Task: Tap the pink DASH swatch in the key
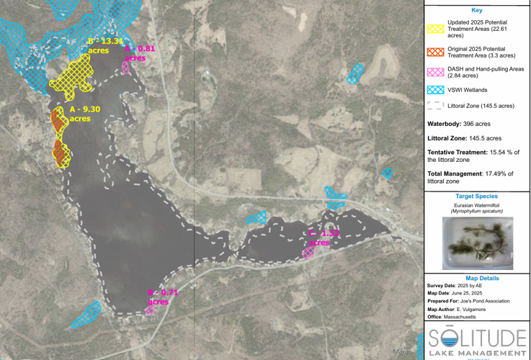click(434, 71)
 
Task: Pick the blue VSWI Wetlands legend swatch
click(434, 90)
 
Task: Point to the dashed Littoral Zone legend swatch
click(434, 106)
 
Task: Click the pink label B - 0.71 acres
click(162, 297)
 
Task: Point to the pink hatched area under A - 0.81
click(126, 68)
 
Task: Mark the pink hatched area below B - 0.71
click(150, 310)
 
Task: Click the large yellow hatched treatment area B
click(71, 75)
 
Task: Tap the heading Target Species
click(476, 196)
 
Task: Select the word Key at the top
click(476, 10)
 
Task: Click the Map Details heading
click(476, 278)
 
